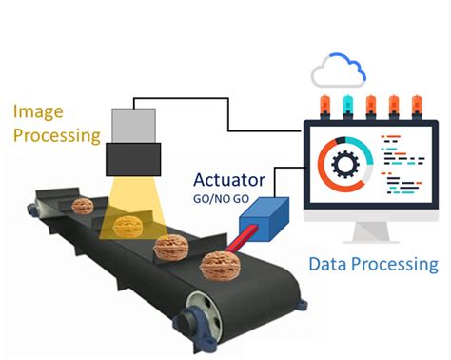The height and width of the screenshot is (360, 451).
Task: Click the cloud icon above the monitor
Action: point(339,70)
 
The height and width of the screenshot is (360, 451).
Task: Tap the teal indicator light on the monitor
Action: point(348,106)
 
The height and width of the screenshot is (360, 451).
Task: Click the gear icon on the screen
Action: point(345,164)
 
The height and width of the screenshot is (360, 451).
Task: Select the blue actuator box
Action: point(265,219)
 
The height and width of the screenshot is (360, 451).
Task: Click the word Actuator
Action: point(229,180)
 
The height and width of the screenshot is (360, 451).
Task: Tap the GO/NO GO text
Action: point(221,199)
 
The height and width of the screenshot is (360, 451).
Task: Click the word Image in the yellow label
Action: point(38,112)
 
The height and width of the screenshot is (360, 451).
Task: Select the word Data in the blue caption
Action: point(328,264)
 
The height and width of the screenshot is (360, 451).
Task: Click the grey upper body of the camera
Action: point(133,126)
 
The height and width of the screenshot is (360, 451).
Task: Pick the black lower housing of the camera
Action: point(133,159)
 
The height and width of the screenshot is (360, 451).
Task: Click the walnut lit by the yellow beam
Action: point(127,226)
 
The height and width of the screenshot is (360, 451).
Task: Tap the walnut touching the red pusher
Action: point(220,266)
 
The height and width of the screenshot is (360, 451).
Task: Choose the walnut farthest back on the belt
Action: point(83,206)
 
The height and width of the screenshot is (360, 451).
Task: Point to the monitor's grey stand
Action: point(371,232)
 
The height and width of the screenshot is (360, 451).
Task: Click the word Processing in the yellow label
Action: point(57,136)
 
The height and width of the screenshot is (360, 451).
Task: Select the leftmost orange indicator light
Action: point(325,106)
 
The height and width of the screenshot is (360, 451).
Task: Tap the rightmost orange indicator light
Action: point(417,106)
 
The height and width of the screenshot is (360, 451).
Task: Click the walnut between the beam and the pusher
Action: point(171,248)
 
